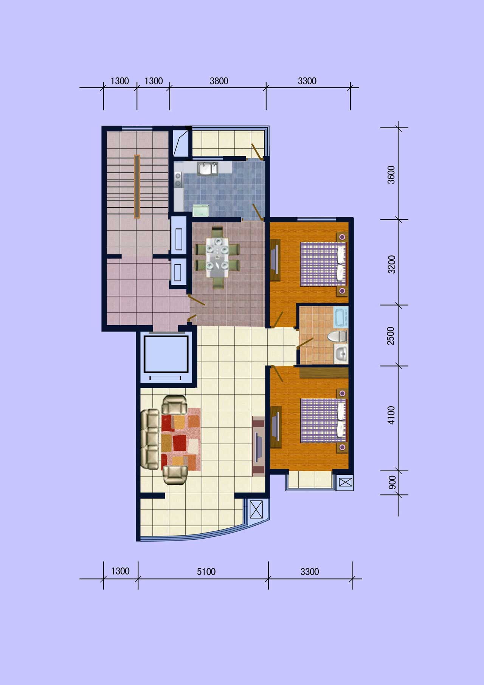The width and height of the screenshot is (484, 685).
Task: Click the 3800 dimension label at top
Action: tap(219, 81)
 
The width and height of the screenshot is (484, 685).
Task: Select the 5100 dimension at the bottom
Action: tap(206, 572)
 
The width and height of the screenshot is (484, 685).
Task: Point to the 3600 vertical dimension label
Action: tap(391, 175)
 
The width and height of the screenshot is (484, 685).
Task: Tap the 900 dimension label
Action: tap(392, 482)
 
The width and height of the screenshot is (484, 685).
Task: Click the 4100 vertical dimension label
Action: tap(391, 415)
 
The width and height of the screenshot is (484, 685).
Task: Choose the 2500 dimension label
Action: tap(391, 336)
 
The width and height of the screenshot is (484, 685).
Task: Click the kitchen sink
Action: tap(207, 168)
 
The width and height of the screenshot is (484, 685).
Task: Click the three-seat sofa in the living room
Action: tap(150, 439)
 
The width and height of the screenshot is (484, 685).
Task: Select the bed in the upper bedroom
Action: tap(324, 264)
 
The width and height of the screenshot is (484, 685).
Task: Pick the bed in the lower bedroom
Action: tap(324, 420)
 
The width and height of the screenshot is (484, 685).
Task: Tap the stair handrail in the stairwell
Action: tap(137, 186)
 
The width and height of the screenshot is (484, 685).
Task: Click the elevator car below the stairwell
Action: tap(166, 354)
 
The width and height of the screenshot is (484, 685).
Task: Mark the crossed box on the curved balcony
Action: tap(256, 509)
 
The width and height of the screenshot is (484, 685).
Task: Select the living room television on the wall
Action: tap(259, 446)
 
